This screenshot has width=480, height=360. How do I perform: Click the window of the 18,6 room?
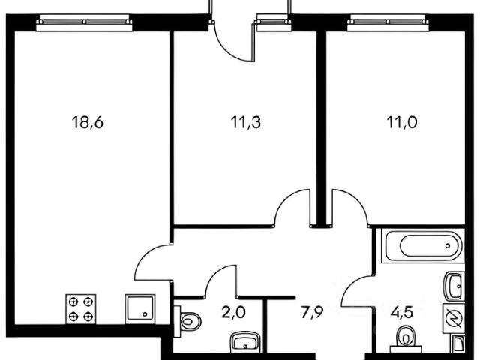click(x=85, y=22)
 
